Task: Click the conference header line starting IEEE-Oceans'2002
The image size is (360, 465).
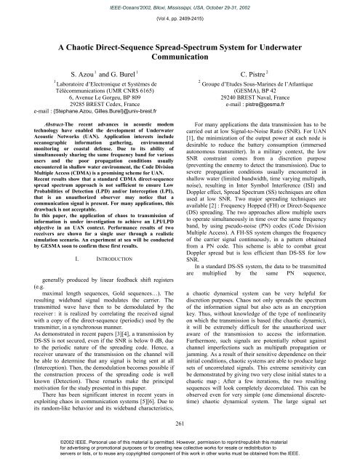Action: pos(180,6)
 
